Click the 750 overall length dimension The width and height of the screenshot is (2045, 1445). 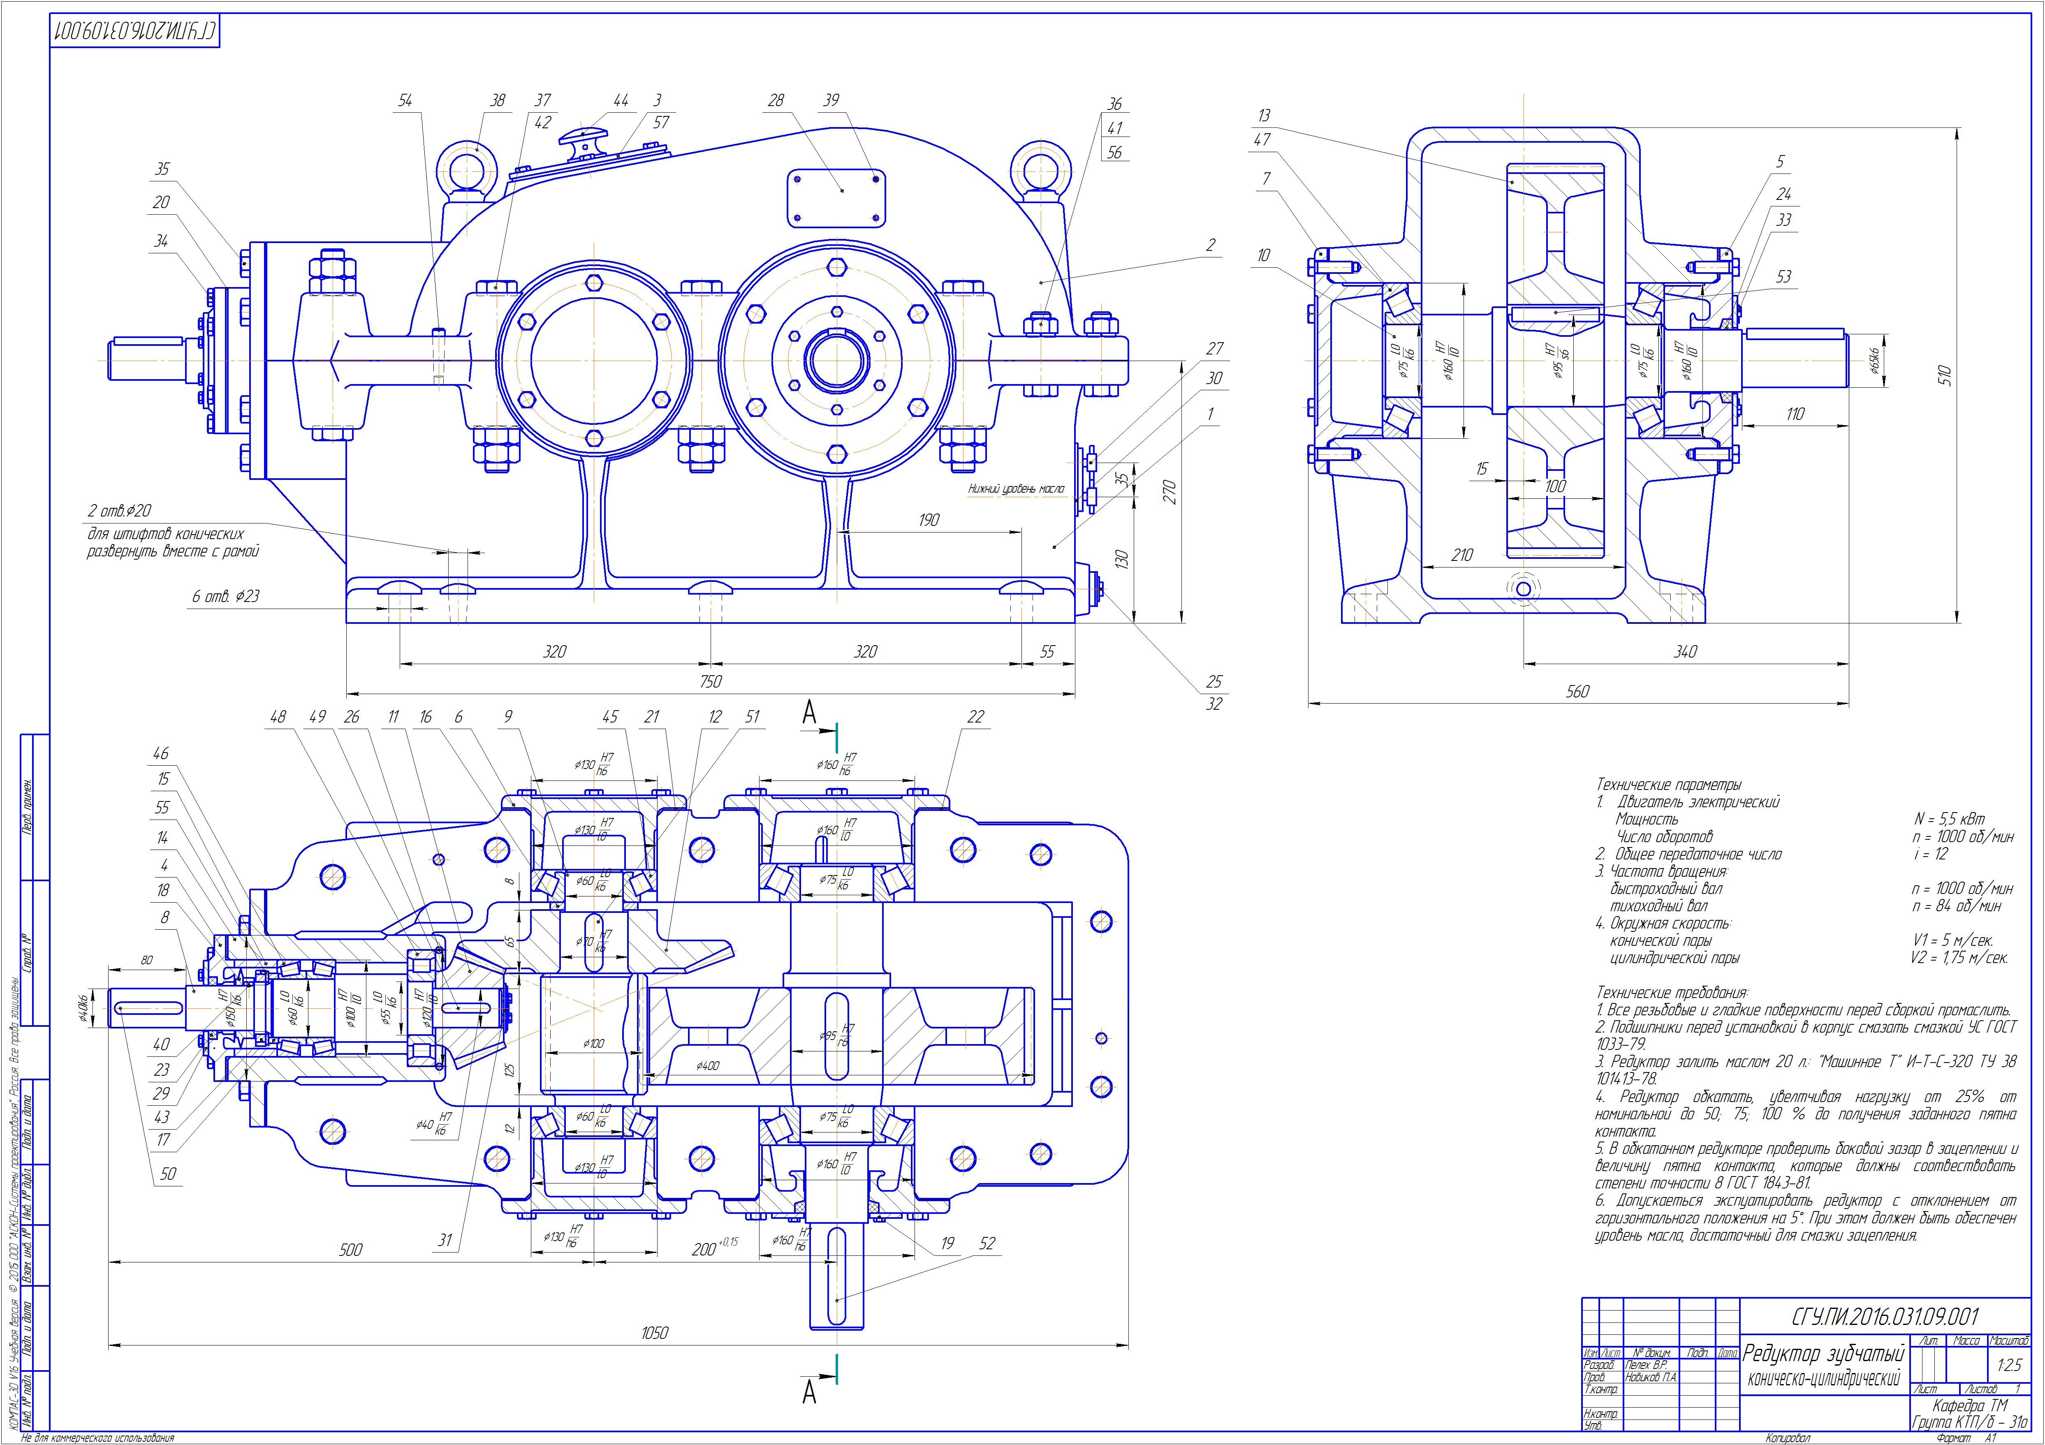[x=710, y=681]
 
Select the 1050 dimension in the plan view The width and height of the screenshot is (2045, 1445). [x=655, y=1333]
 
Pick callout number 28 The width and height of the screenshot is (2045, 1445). [x=776, y=101]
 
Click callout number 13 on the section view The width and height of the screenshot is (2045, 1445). [x=1264, y=115]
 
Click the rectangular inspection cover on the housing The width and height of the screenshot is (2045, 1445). [x=836, y=198]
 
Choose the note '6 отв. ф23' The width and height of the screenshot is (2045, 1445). [x=225, y=596]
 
